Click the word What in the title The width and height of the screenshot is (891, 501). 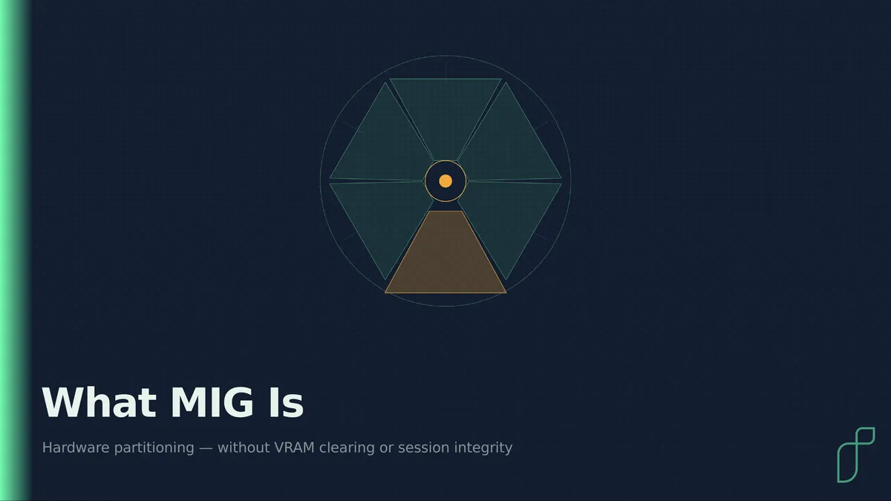coord(99,402)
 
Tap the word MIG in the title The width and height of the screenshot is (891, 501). coord(212,402)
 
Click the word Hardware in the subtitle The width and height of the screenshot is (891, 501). coord(76,448)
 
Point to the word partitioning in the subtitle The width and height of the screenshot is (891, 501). coord(154,448)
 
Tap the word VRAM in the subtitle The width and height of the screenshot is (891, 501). coord(294,448)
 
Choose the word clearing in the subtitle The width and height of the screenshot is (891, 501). coord(347,448)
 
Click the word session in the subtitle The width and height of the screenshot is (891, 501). coord(424,448)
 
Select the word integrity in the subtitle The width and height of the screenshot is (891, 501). coord(483,448)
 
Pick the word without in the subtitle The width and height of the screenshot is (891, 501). coord(244,448)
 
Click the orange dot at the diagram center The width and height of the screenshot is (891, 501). coord(446,181)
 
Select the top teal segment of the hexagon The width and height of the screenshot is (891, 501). coord(446,115)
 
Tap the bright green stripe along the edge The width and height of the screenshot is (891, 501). coord(14,251)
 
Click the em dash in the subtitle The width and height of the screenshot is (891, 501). coord(206,448)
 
